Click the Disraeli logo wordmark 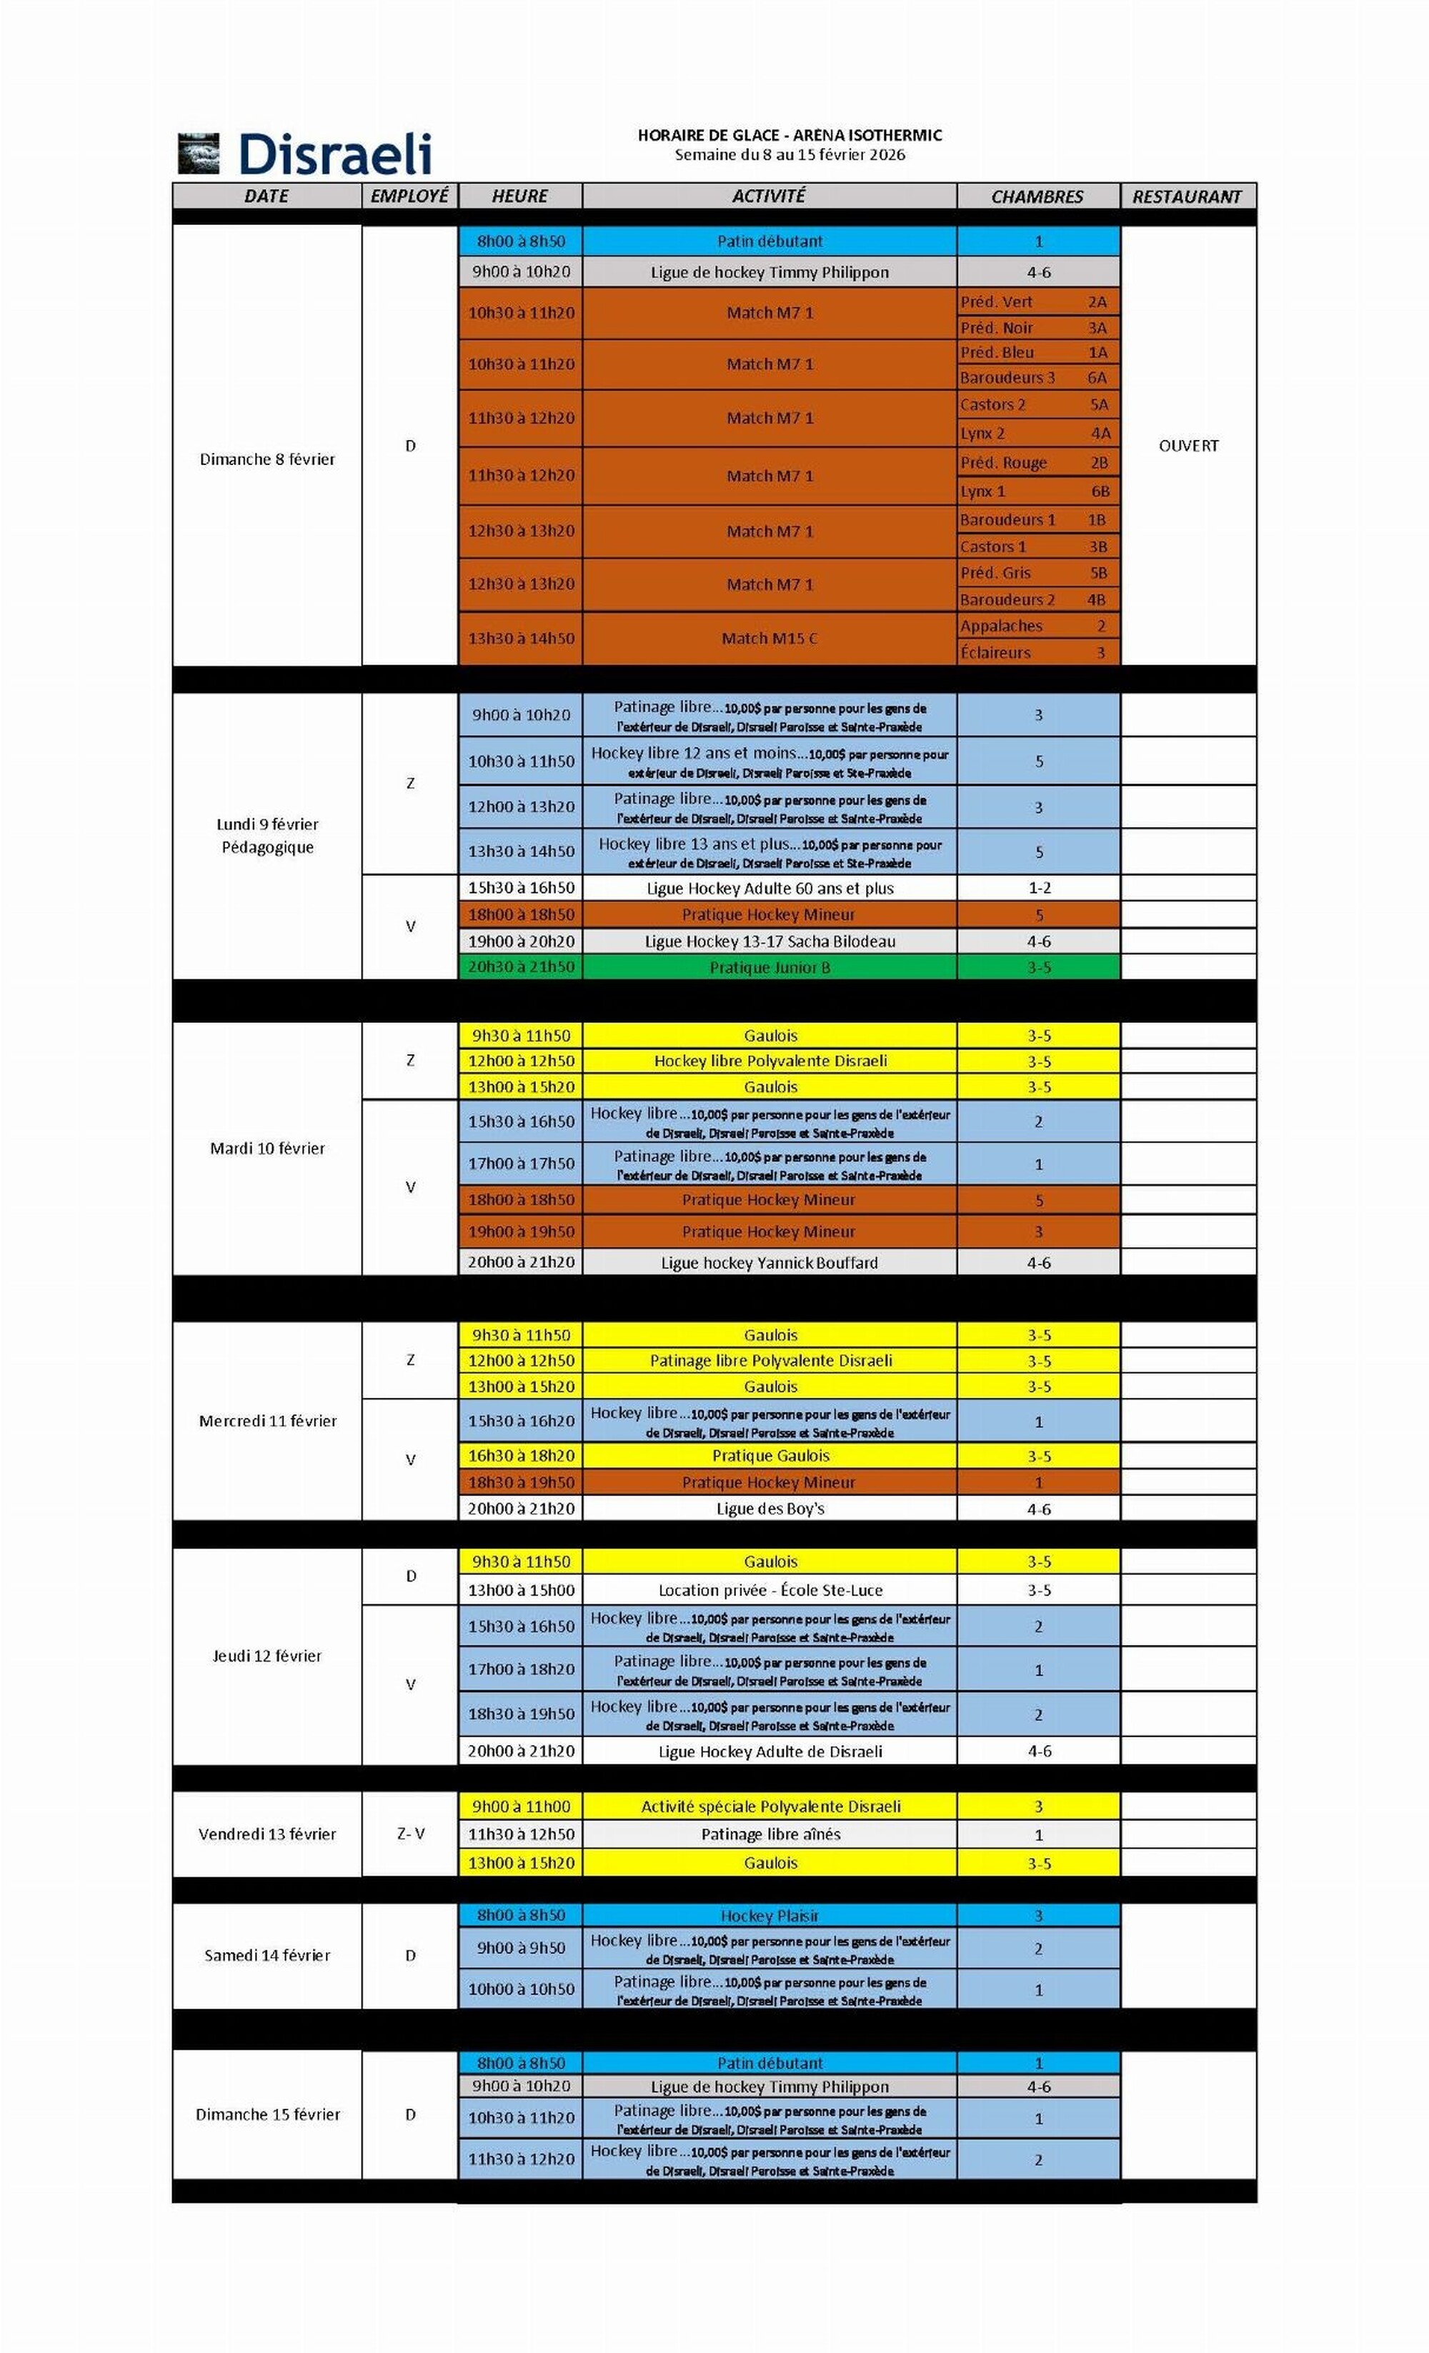tap(334, 154)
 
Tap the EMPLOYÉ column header tap(410, 196)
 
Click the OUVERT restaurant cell tap(1188, 446)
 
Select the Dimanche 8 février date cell tap(267, 459)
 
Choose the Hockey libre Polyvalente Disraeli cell tap(770, 1061)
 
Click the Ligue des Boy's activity tap(770, 1509)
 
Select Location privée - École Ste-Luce tap(770, 1590)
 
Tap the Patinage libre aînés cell tap(770, 1834)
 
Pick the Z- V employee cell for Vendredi tap(411, 1834)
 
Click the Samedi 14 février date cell tap(267, 1956)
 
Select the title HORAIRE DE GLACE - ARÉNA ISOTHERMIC tap(789, 136)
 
